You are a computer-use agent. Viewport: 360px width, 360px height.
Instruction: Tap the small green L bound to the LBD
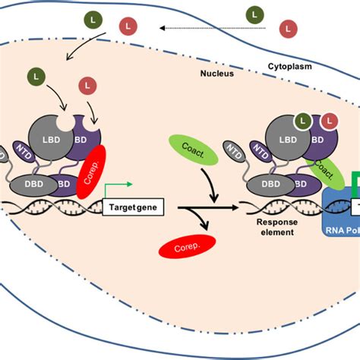point(303,120)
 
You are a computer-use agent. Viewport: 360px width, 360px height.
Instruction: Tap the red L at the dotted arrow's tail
point(289,29)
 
